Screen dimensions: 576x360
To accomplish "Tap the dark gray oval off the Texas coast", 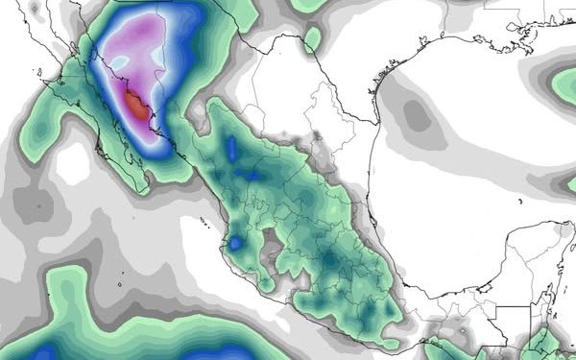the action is click(417, 114).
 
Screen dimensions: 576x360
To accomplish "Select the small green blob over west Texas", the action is click(312, 38).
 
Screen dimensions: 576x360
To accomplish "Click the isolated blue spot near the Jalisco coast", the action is click(233, 244).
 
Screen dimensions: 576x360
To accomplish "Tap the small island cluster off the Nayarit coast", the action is click(204, 223).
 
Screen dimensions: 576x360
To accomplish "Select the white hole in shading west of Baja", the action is click(72, 163).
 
